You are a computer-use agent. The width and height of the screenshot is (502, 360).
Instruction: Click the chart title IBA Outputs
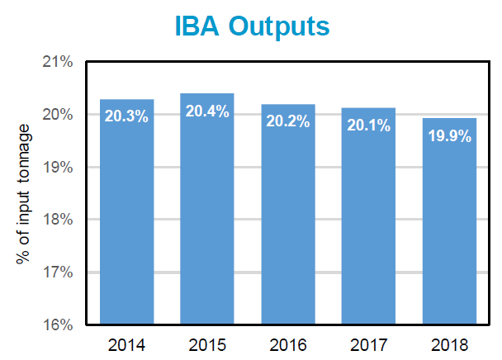point(252,26)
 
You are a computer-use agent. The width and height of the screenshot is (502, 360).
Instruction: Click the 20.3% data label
point(126,116)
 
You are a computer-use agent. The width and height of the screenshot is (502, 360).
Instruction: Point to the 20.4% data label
point(207,111)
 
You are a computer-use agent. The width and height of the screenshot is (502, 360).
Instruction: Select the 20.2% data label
point(287,121)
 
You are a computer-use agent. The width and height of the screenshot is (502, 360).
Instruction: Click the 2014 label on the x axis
point(126,343)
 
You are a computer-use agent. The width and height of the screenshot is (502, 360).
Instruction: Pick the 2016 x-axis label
point(287,343)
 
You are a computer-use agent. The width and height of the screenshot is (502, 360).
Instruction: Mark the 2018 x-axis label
point(449,343)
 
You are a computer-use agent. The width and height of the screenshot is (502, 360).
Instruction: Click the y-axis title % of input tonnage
point(24,194)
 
